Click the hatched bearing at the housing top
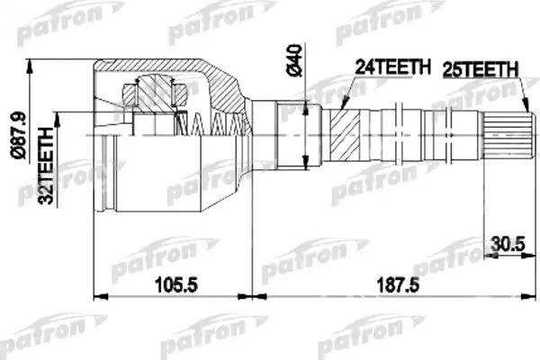pyautogui.click(x=152, y=94)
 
